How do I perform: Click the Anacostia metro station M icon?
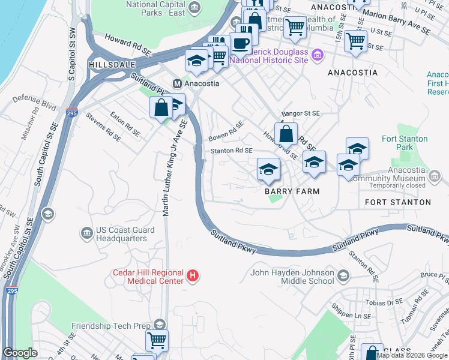click(x=177, y=83)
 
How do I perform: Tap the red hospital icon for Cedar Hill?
click(x=192, y=276)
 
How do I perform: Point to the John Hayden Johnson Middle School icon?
click(x=343, y=276)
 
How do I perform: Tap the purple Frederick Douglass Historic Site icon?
click(x=318, y=56)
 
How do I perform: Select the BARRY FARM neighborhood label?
click(x=292, y=191)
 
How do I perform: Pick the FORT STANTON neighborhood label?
click(x=397, y=203)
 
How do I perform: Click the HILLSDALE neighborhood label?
click(x=109, y=63)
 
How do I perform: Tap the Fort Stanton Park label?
click(x=405, y=143)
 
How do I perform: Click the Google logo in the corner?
click(x=20, y=353)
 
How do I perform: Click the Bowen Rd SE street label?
click(x=226, y=131)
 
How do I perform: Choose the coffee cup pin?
click(x=241, y=44)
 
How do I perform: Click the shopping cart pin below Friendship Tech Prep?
click(x=157, y=340)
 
